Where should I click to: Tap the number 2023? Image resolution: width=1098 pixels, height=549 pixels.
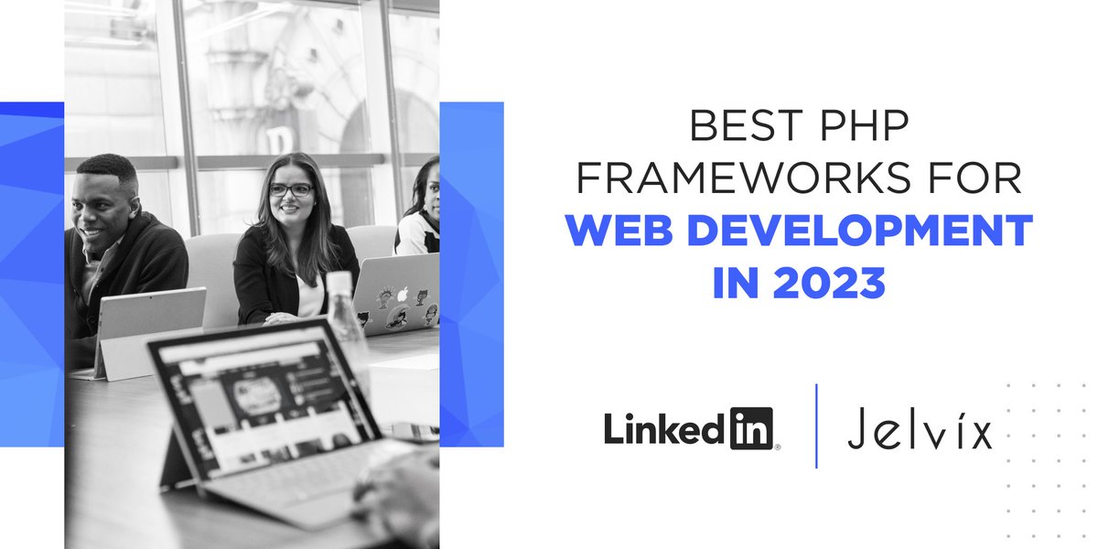(x=832, y=284)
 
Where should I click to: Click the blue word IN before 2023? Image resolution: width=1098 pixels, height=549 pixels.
(x=733, y=284)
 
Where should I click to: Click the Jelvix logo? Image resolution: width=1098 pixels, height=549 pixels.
(x=919, y=429)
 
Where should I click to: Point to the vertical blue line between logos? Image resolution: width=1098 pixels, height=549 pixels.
(x=816, y=426)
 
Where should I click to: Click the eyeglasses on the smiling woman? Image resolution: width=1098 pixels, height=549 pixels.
(x=290, y=190)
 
